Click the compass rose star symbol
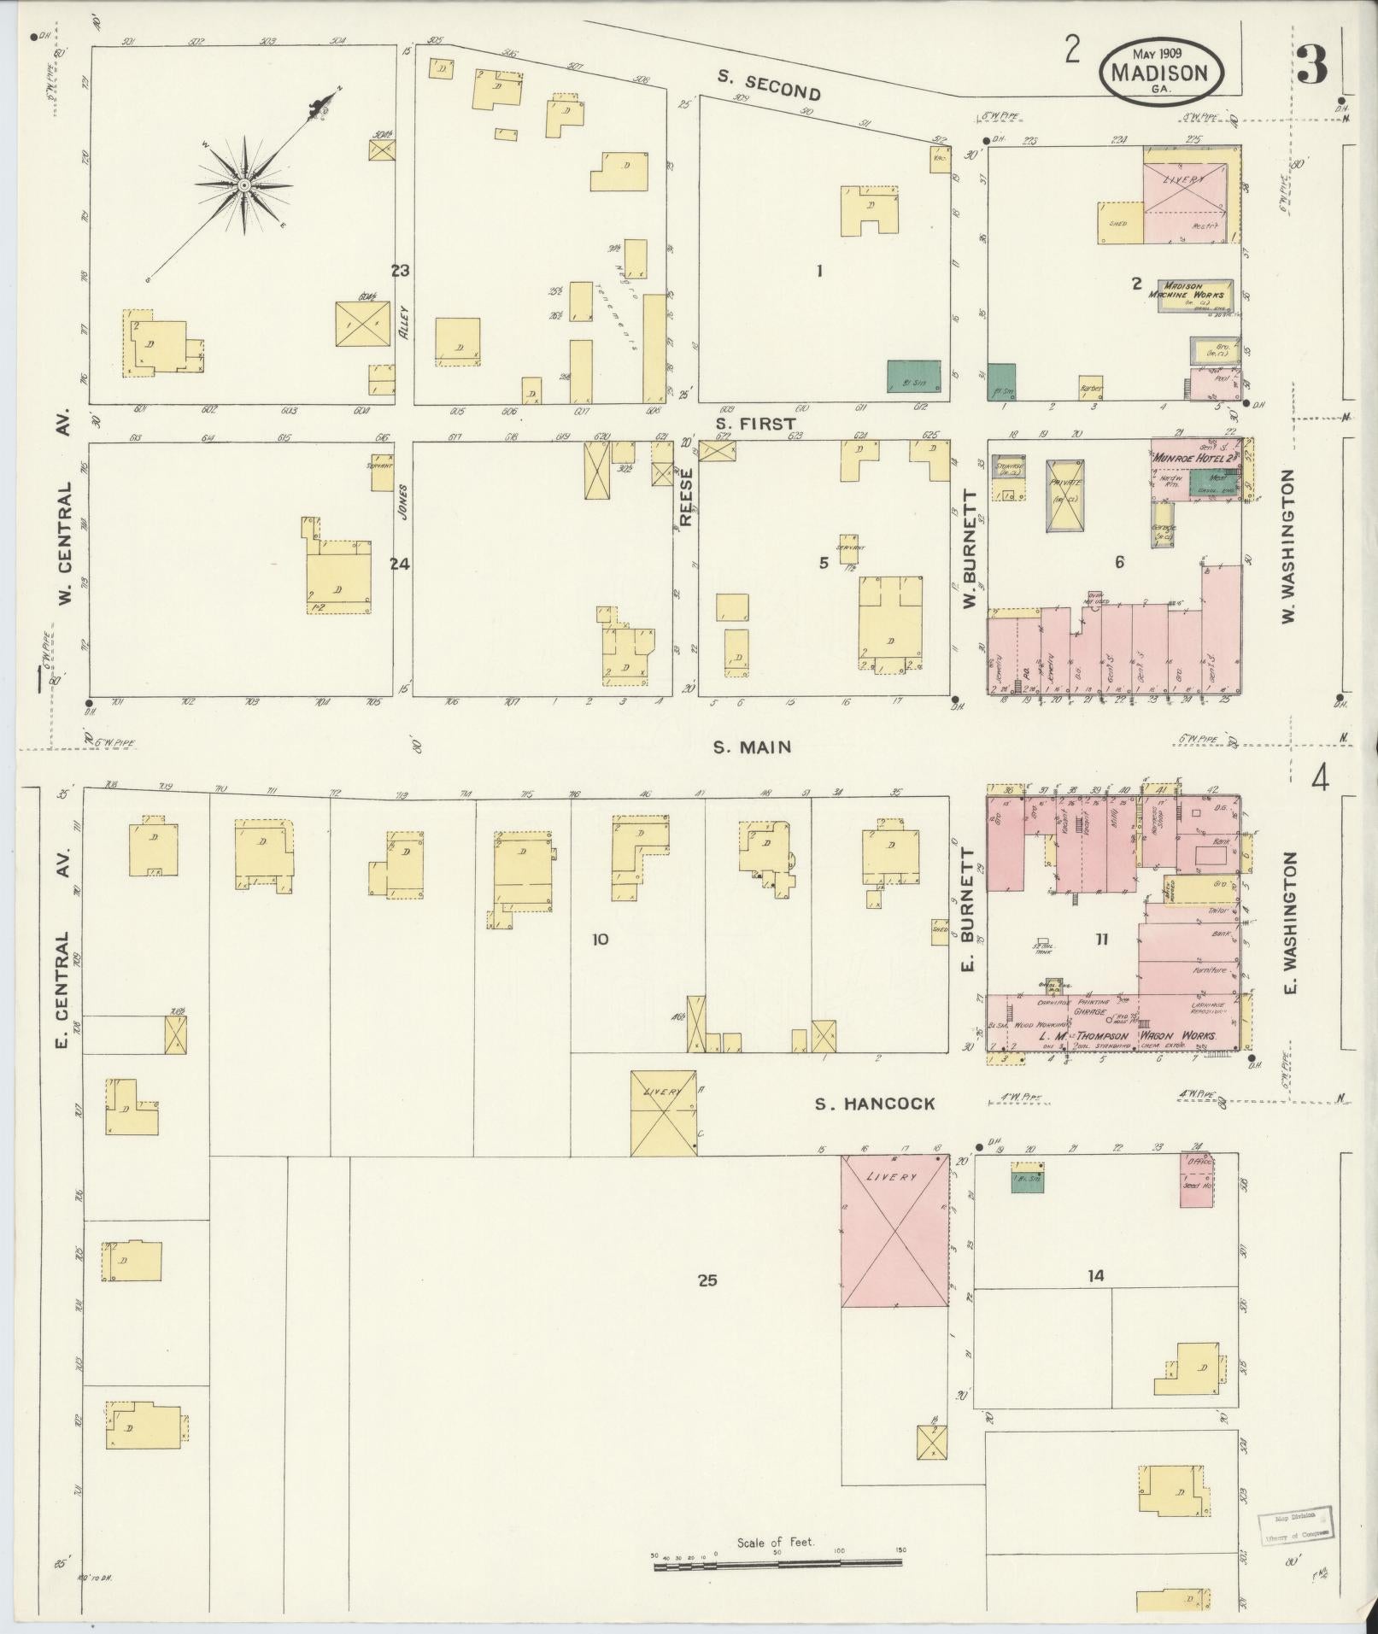click(x=243, y=185)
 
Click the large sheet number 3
click(x=1311, y=64)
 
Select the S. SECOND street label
click(x=769, y=85)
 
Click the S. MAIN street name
click(x=752, y=747)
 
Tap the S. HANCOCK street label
click(x=874, y=1104)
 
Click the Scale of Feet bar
click(x=776, y=1564)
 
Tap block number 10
click(x=600, y=940)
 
